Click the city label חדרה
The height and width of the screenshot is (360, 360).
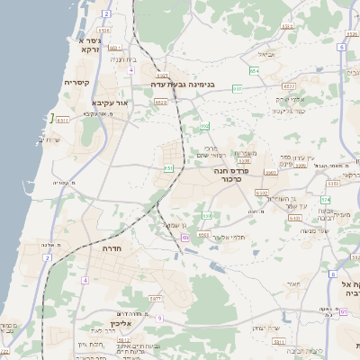coord(113,247)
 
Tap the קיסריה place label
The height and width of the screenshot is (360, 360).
coord(76,82)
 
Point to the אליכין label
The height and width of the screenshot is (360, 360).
coord(121,323)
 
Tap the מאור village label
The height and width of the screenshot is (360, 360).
coord(292,283)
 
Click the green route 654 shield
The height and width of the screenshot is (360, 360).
coord(255,70)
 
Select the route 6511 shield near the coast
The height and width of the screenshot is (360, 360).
coord(63,120)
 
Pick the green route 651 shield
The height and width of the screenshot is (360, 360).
coord(168,168)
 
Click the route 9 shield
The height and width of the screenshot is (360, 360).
coord(159,319)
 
